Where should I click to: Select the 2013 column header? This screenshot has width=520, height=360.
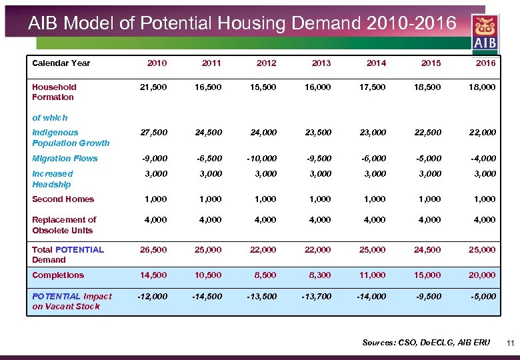pos(321,63)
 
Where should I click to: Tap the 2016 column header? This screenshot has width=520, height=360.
pos(485,63)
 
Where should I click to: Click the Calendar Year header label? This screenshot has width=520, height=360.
pos(61,63)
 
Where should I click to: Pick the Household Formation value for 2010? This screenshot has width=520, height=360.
pos(153,87)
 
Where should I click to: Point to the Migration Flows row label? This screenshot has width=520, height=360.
pos(65,159)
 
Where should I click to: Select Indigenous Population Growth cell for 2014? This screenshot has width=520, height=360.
pos(372,133)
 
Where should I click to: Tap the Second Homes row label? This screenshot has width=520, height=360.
pos(63,199)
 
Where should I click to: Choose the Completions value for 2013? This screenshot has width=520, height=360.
pos(317,275)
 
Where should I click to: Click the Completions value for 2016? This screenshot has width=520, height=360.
pos(481,275)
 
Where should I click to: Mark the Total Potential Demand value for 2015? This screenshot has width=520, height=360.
pos(427,250)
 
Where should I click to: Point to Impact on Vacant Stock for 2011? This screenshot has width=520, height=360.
pos(207,297)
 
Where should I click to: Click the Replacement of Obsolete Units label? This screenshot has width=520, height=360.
pos(64,225)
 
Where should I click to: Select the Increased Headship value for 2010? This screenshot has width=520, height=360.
pos(157,174)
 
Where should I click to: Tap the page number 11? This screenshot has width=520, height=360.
pos(511,343)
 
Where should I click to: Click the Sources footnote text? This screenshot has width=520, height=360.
pos(425,343)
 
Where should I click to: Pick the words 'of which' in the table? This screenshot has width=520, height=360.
pos(50,118)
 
